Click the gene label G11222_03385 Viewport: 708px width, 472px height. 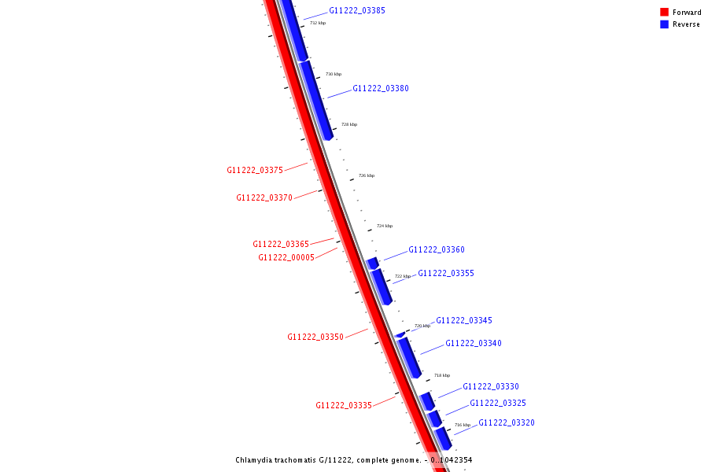(357, 11)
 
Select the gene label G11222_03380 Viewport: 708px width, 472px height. (381, 89)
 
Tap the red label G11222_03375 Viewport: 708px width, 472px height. (255, 171)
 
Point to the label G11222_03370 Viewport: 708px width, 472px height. (264, 198)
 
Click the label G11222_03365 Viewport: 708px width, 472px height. (281, 245)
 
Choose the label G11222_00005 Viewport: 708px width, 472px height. (286, 258)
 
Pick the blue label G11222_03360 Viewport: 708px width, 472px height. (437, 250)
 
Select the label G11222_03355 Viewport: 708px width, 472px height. (446, 274)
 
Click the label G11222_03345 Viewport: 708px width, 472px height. (464, 321)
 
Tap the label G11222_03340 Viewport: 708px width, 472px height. (474, 344)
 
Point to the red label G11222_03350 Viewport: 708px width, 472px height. (315, 337)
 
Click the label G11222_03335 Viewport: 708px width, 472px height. (344, 406)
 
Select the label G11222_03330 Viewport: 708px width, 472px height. (491, 387)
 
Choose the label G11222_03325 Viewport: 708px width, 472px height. (498, 404)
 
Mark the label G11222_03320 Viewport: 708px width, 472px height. (507, 423)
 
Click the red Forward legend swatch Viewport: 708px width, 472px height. (665, 13)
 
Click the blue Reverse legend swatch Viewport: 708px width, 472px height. (665, 24)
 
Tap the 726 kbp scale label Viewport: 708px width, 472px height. (367, 176)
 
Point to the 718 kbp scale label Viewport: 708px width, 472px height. (442, 376)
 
